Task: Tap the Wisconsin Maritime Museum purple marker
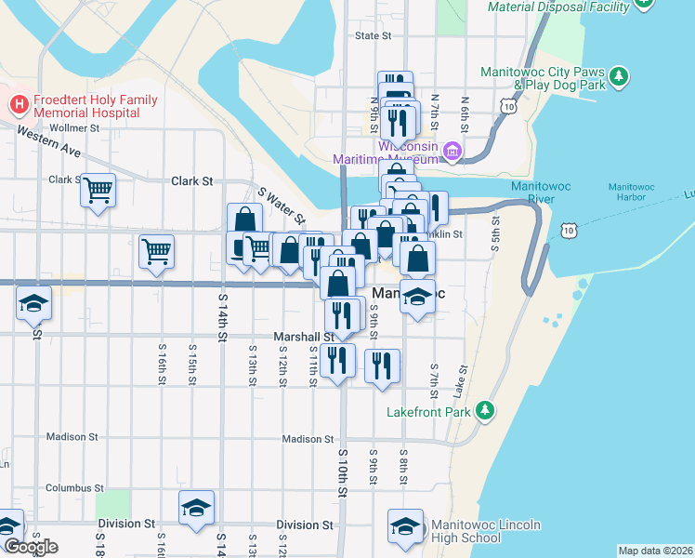tap(452, 151)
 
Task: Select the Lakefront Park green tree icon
tap(483, 410)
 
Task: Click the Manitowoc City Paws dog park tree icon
tap(619, 75)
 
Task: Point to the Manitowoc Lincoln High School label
tap(485, 532)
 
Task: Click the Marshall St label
tap(296, 336)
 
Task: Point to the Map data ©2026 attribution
tap(655, 551)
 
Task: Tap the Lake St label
tap(458, 378)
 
